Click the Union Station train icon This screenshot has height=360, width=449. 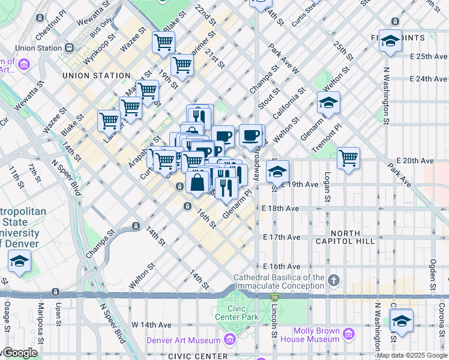pyautogui.click(x=70, y=48)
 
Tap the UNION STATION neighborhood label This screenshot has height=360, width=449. pyautogui.click(x=96, y=76)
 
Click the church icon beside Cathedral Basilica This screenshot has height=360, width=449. pyautogui.click(x=334, y=280)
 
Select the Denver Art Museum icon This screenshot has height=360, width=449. pyautogui.click(x=229, y=341)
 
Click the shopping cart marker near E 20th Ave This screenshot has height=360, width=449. pyautogui.click(x=348, y=158)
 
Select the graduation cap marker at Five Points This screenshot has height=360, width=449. pyautogui.click(x=390, y=41)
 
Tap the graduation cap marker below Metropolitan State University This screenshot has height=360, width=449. pyautogui.click(x=20, y=262)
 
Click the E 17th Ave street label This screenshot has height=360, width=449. pyautogui.click(x=281, y=238)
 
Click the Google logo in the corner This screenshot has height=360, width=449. pyautogui.click(x=19, y=353)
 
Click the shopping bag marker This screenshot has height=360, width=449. pyautogui.click(x=197, y=182)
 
